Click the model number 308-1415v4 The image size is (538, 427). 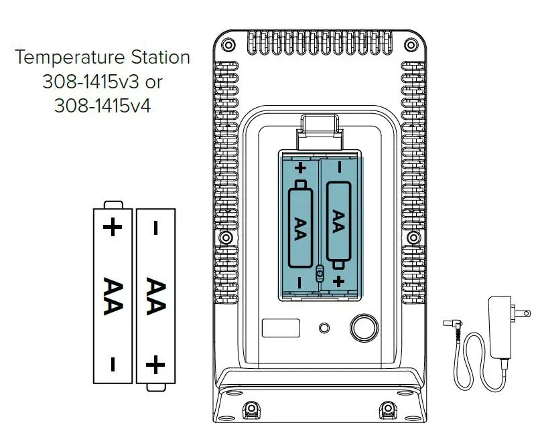103,105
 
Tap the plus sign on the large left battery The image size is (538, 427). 113,228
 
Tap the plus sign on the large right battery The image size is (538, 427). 155,365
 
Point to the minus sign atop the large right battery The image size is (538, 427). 155,229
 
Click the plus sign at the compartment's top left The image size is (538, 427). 300,168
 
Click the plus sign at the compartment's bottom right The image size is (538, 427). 339,281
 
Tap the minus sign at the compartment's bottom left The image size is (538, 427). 299,281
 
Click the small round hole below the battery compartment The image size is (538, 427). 325,328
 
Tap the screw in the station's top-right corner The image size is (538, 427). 410,44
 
